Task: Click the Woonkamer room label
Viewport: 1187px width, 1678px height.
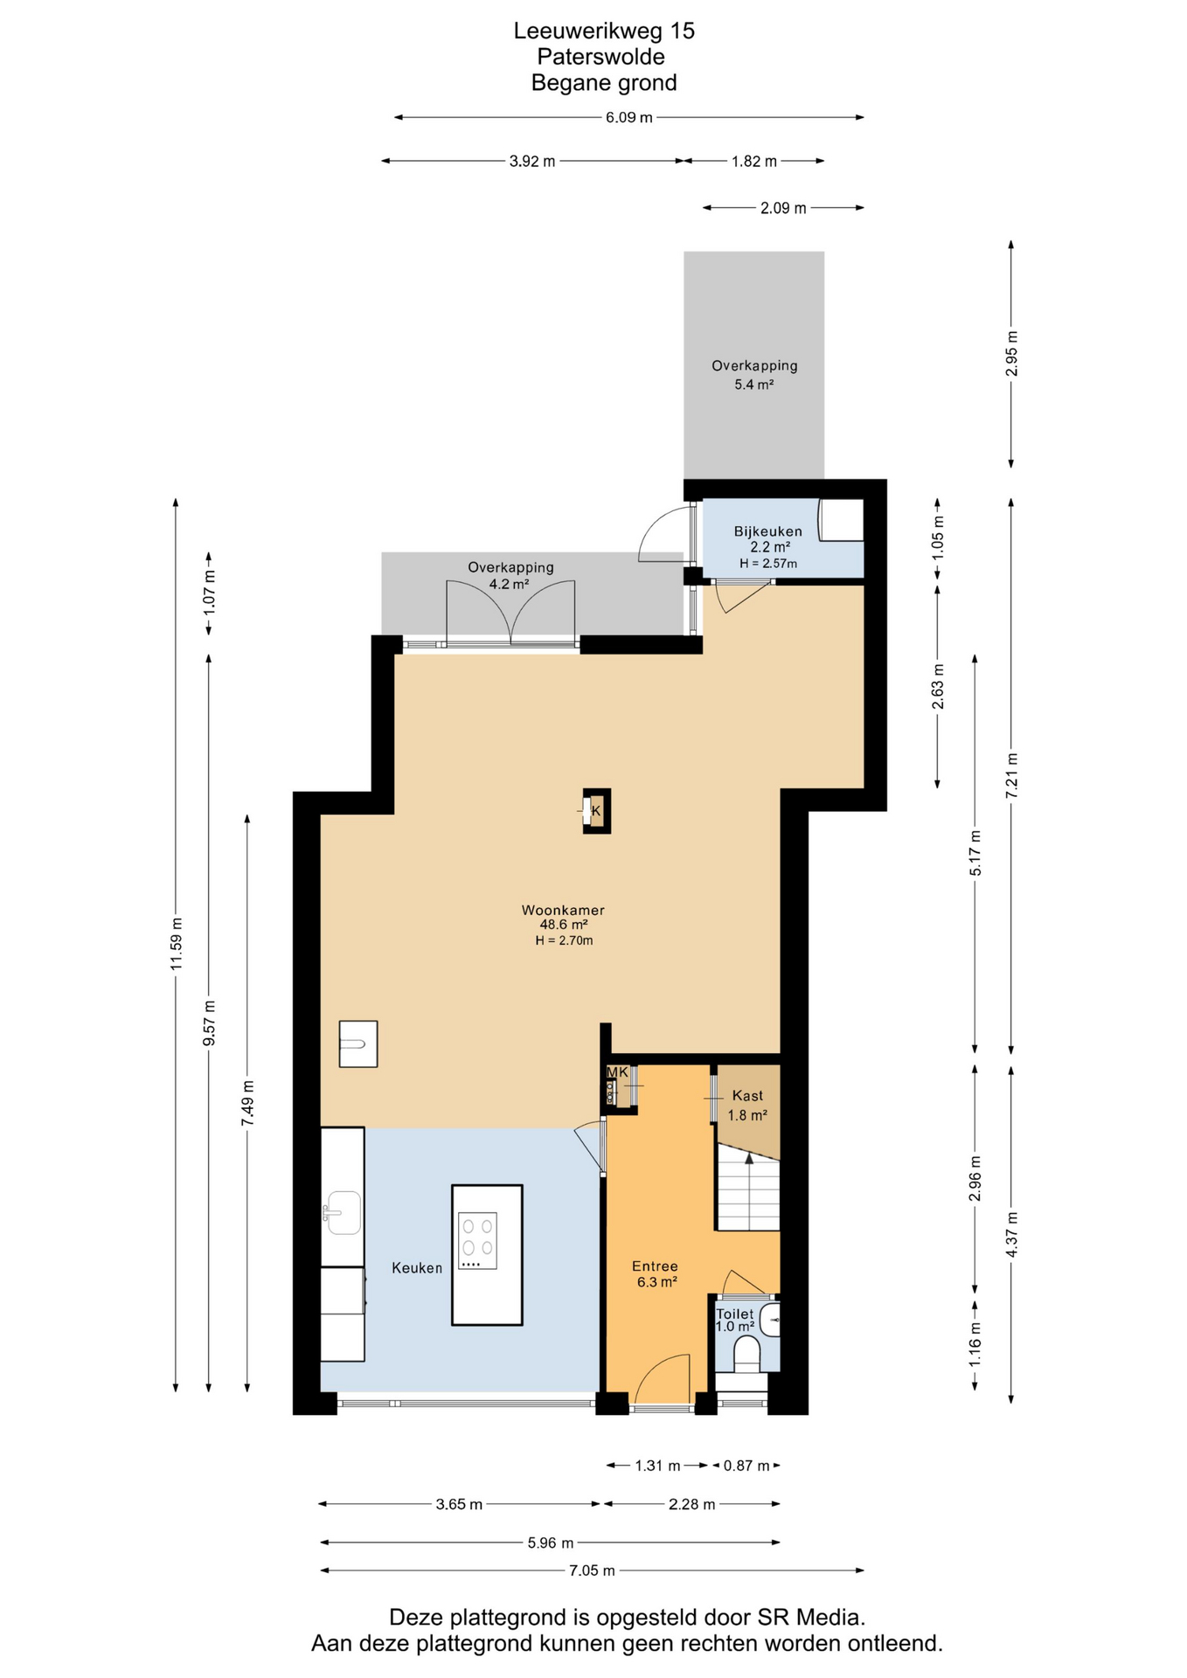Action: pos(563,910)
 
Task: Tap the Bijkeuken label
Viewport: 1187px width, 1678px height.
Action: pos(767,531)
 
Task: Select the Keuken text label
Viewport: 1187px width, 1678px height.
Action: pos(417,1267)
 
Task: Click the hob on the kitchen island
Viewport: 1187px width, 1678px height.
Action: pos(477,1240)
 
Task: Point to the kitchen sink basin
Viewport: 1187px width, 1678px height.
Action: pos(343,1212)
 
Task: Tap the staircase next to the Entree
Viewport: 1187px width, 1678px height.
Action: pos(748,1188)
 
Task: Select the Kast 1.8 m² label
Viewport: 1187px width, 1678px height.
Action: pos(747,1105)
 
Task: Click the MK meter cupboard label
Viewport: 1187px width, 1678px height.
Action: pos(617,1072)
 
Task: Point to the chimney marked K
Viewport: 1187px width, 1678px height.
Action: pos(597,811)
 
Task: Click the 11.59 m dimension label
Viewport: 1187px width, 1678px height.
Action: pos(176,944)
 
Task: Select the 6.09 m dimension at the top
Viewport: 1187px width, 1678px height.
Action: pos(629,117)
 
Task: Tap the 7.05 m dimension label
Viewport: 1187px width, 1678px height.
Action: pos(592,1571)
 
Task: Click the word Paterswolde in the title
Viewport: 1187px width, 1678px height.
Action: pos(600,57)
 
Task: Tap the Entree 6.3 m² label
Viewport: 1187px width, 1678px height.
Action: pos(656,1273)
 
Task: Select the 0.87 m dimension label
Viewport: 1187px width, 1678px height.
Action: pos(746,1466)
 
